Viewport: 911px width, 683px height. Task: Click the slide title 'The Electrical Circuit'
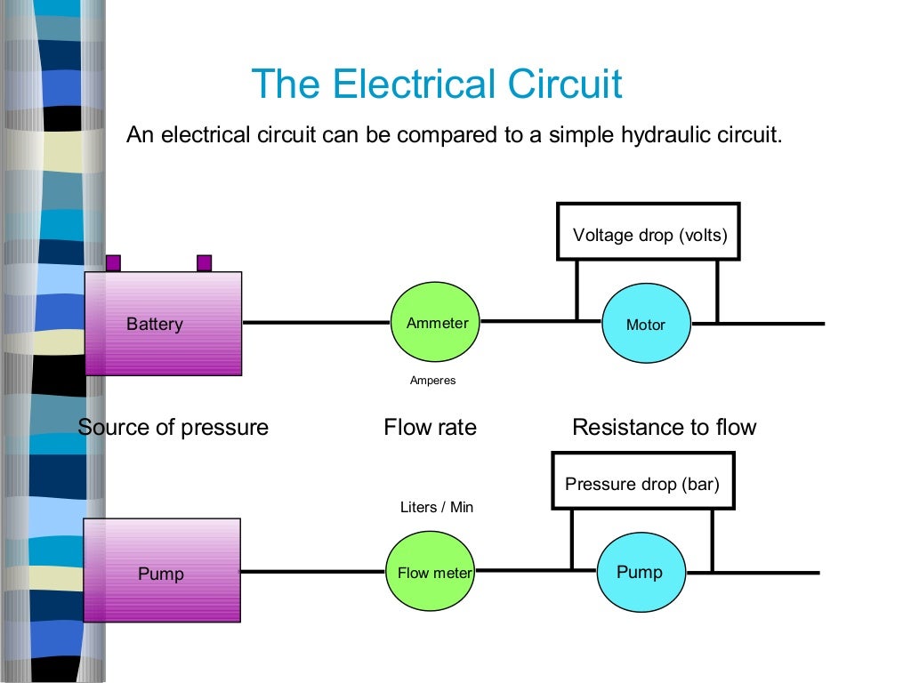coord(436,84)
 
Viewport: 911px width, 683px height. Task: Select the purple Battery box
coord(163,324)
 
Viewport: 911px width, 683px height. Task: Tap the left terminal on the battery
coord(113,263)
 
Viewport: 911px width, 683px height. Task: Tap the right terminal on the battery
coord(204,263)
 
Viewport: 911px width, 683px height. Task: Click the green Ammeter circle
coord(437,323)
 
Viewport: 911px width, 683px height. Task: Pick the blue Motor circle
coord(646,324)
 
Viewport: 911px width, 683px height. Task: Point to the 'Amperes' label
coord(432,381)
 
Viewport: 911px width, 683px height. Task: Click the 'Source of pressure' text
coord(173,428)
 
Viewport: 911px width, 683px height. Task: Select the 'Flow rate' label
coord(430,428)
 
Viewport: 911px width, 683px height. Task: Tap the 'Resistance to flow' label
coord(664,428)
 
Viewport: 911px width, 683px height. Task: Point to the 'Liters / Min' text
coord(437,507)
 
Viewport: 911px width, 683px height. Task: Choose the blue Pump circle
coord(640,572)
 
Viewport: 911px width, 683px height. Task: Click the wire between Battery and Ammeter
coord(317,322)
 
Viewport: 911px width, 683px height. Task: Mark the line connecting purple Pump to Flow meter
coord(312,571)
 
